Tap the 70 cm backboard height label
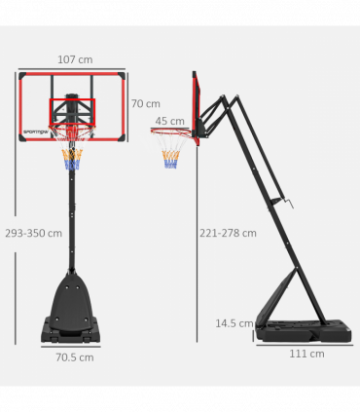coord(145,104)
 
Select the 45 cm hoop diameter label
coord(169,121)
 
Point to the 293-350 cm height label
coord(32,234)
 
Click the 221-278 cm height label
coord(228,233)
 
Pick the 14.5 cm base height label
coord(233,322)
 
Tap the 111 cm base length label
coord(306,353)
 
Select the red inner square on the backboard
coord(72,109)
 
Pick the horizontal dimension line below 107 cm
coord(72,69)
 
